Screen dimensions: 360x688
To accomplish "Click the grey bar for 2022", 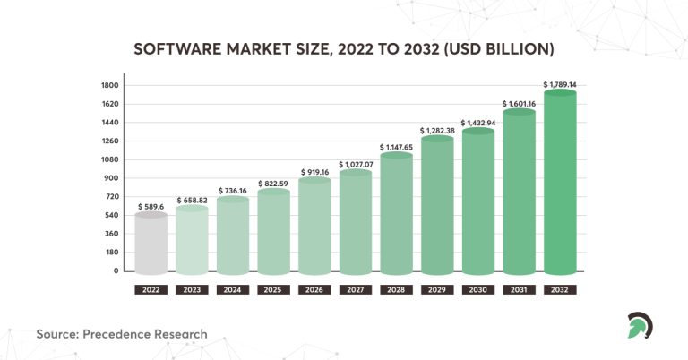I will (x=150, y=244).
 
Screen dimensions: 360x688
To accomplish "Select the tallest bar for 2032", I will (x=560, y=184).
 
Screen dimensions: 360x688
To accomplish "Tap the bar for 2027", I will (x=355, y=224).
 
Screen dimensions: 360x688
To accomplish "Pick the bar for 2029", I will (x=437, y=206).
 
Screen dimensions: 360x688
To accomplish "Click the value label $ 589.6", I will (x=150, y=206).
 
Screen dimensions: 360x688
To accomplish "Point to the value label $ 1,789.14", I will (x=560, y=84).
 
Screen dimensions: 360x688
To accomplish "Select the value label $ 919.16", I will (x=314, y=172).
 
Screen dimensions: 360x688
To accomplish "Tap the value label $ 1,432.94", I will (x=478, y=122).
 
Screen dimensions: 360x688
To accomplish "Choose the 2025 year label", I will (x=273, y=290).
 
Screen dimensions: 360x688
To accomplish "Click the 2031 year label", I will (x=520, y=290).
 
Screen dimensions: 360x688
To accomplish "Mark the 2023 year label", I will (x=192, y=290).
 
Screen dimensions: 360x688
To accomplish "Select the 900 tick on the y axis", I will (x=112, y=178).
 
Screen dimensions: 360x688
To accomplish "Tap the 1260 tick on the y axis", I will (x=110, y=141).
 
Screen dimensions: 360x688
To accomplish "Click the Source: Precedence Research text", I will (x=122, y=334).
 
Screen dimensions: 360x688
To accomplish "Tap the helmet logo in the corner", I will (x=640, y=325).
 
